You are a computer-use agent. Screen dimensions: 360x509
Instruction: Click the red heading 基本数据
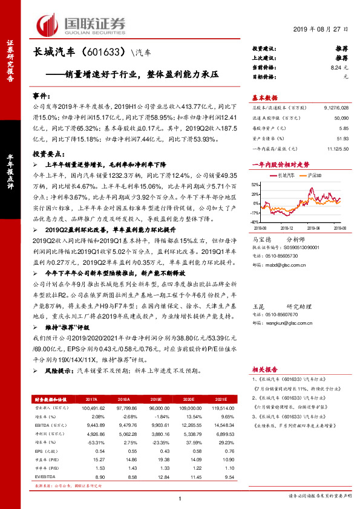tap(264, 98)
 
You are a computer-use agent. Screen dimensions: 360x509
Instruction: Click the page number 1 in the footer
tap(180, 498)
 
